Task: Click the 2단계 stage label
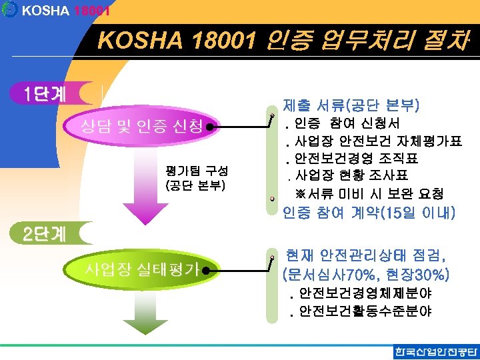coord(44,234)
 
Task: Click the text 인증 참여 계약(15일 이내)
coord(369,213)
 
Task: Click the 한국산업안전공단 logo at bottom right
coord(436,351)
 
